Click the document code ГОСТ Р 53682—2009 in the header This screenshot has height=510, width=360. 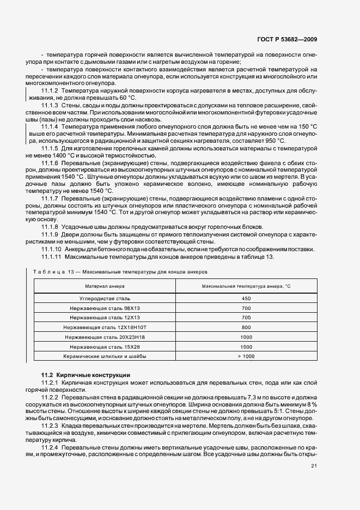coord(288,39)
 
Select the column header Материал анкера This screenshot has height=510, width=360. coord(105,286)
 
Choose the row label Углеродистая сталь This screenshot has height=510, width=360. coord(105,298)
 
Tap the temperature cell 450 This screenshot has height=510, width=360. coord(246,298)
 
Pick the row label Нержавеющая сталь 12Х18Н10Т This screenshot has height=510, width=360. coord(105,327)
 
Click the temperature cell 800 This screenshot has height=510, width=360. coord(246,327)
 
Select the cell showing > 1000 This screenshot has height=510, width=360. coord(246,356)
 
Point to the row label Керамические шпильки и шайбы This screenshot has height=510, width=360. coord(105,356)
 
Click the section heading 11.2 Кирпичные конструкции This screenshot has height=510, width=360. coord(86,375)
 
